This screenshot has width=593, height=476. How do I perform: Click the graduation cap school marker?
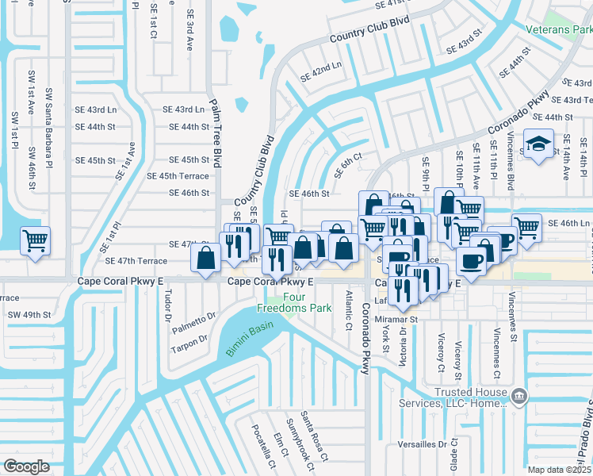(x=539, y=145)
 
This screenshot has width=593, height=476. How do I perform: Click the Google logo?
(x=27, y=466)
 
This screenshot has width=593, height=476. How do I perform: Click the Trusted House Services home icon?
(x=518, y=396)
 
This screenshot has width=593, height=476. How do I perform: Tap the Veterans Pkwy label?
(x=559, y=29)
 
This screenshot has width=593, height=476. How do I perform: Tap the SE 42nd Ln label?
(x=320, y=71)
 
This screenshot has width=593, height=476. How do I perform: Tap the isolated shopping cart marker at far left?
(x=35, y=240)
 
